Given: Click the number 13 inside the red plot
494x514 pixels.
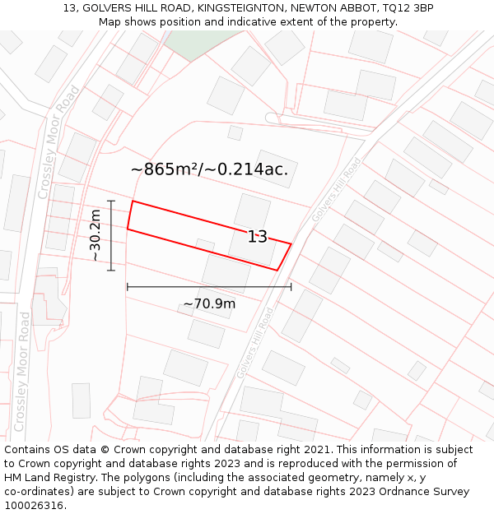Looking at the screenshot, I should click(x=258, y=237).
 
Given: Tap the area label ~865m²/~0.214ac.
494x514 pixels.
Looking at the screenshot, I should click(x=210, y=169).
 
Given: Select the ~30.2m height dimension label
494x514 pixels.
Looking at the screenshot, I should click(x=96, y=235).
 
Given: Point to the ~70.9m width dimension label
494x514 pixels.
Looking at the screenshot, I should click(x=209, y=304).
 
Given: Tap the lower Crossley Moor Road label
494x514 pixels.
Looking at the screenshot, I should click(x=23, y=373).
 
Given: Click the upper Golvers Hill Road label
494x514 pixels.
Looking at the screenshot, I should click(x=336, y=191).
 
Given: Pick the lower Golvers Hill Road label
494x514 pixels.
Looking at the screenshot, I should click(x=254, y=343).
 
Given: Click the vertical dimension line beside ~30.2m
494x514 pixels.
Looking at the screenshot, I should click(x=111, y=235).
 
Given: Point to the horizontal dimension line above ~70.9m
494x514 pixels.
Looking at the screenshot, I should click(x=209, y=287).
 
